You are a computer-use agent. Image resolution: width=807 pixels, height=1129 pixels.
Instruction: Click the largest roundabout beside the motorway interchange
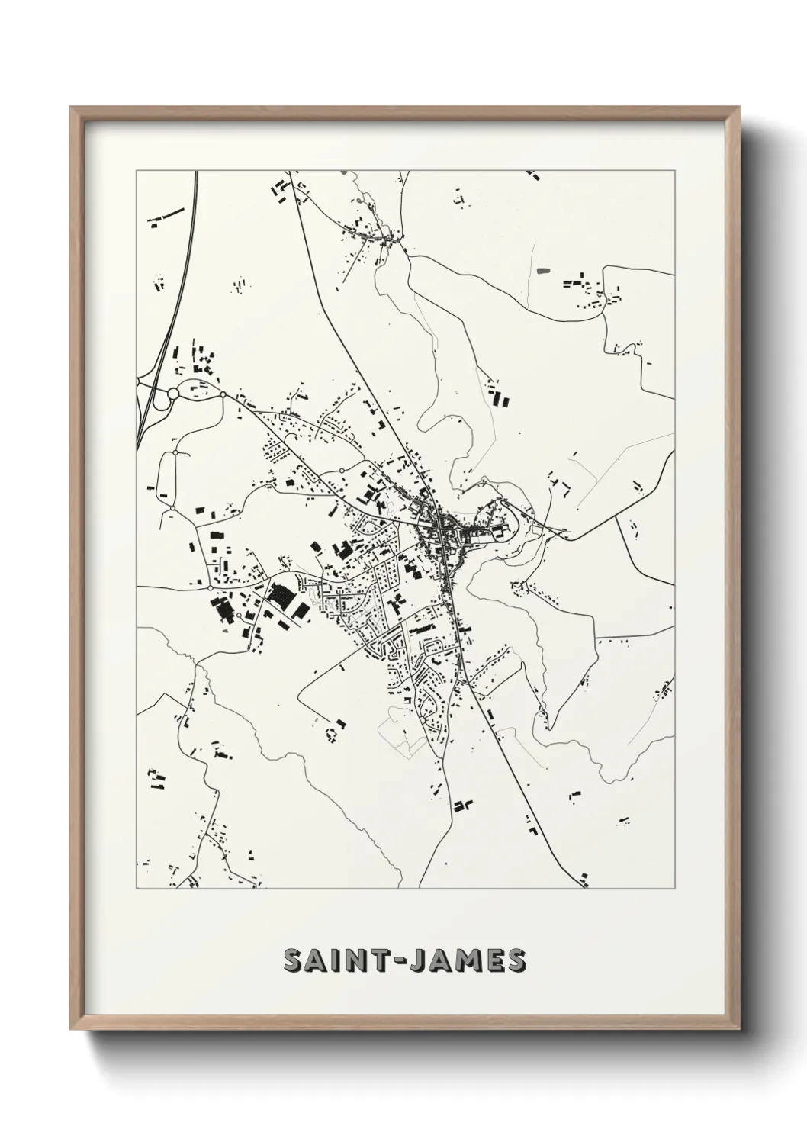(173, 394)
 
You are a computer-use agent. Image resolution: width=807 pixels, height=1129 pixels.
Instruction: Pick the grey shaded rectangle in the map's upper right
(543, 270)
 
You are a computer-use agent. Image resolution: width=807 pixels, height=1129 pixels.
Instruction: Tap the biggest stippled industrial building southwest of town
(280, 595)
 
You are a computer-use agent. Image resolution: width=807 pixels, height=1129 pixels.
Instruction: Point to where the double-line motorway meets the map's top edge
(196, 172)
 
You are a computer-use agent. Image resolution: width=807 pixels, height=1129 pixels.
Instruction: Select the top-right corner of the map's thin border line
(675, 171)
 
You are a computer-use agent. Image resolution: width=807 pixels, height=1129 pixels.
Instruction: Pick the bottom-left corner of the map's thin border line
(137, 888)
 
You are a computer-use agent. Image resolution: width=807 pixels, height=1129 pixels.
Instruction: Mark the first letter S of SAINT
(294, 961)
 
